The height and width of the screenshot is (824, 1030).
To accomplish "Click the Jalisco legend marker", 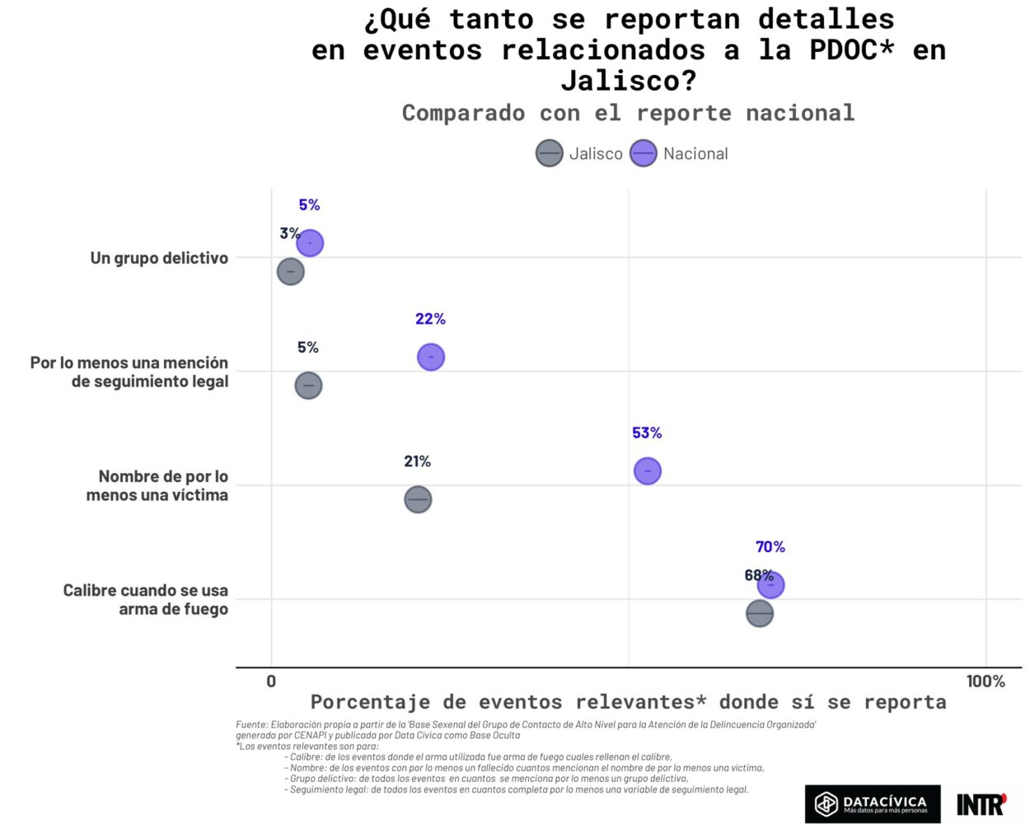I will pyautogui.click(x=549, y=153).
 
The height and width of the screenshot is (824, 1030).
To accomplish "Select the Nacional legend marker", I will pyautogui.click(x=643, y=153).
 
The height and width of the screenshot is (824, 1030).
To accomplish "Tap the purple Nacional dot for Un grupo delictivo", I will pyautogui.click(x=310, y=243).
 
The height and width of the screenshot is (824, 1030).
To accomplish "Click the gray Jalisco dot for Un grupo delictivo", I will pyautogui.click(x=290, y=271).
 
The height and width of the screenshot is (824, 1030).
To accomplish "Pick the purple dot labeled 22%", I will pyautogui.click(x=430, y=357).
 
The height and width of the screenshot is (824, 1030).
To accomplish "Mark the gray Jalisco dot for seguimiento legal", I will pyautogui.click(x=308, y=385).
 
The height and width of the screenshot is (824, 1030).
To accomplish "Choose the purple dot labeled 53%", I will pyautogui.click(x=648, y=471).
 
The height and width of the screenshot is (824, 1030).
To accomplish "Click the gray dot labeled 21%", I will pyautogui.click(x=418, y=499).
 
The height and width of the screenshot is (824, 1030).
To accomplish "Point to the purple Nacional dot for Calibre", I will pyautogui.click(x=770, y=585).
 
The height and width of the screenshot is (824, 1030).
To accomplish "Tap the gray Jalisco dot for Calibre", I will pyautogui.click(x=759, y=613).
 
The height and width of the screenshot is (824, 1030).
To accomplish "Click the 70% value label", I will pyautogui.click(x=770, y=546).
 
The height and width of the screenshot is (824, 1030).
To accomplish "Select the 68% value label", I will pyautogui.click(x=758, y=575).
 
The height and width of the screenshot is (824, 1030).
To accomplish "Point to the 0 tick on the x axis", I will pyautogui.click(x=271, y=681).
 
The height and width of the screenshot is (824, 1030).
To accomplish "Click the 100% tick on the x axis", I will pyautogui.click(x=986, y=681).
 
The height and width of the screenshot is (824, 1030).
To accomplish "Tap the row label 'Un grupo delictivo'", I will pyautogui.click(x=159, y=258).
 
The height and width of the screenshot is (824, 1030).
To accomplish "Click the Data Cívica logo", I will pyautogui.click(x=872, y=803).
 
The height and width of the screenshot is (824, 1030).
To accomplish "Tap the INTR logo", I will pyautogui.click(x=981, y=803).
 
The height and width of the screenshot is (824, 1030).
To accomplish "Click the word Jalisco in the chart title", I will pyautogui.click(x=629, y=81).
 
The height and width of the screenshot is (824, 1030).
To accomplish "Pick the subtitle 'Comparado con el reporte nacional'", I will pyautogui.click(x=628, y=113).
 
